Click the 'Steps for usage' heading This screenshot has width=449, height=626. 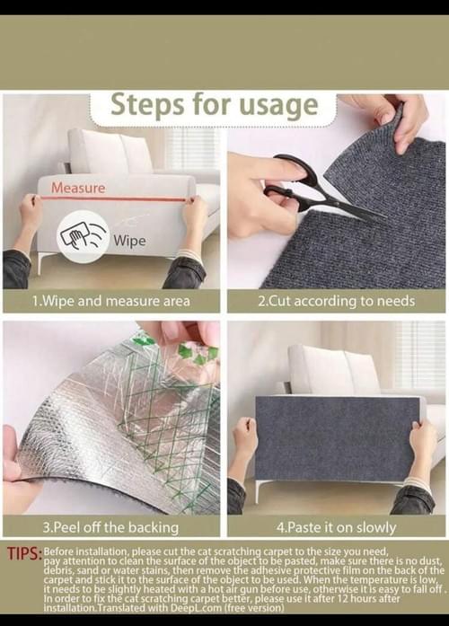(x=215, y=105)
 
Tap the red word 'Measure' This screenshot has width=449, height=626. (x=78, y=188)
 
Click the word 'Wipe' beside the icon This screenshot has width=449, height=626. (x=129, y=241)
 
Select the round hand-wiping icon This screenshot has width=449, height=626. (x=83, y=237)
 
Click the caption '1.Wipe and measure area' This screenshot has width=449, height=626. (x=111, y=301)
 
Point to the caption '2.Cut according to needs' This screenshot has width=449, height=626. (x=336, y=301)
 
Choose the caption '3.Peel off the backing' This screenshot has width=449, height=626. (x=111, y=527)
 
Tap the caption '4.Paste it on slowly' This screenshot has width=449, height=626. (x=336, y=527)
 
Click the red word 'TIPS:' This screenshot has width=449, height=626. (x=24, y=554)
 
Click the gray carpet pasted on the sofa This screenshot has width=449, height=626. (x=338, y=438)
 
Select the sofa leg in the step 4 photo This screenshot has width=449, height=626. (x=259, y=492)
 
